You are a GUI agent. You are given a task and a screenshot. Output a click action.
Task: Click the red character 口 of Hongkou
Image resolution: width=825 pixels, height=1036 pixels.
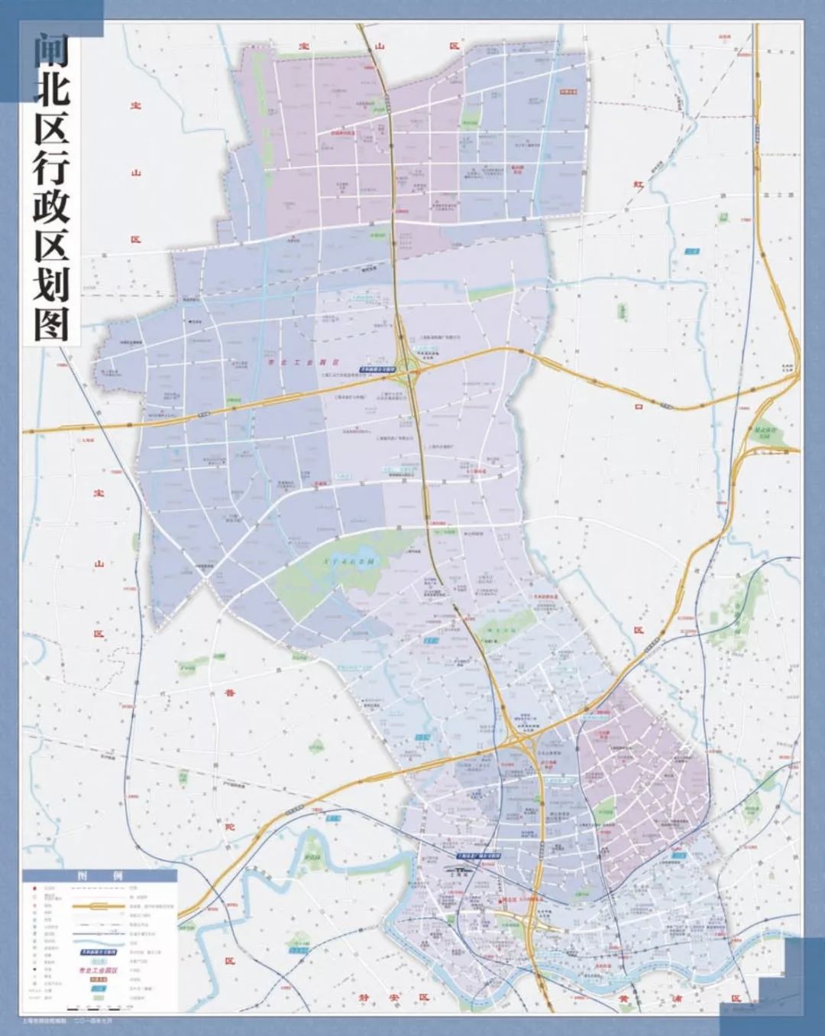(639, 408)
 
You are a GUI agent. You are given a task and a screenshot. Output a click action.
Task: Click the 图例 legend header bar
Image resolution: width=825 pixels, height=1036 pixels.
(99, 876)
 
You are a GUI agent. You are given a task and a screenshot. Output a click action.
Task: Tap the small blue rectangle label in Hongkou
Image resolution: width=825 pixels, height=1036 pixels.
(693, 251)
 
